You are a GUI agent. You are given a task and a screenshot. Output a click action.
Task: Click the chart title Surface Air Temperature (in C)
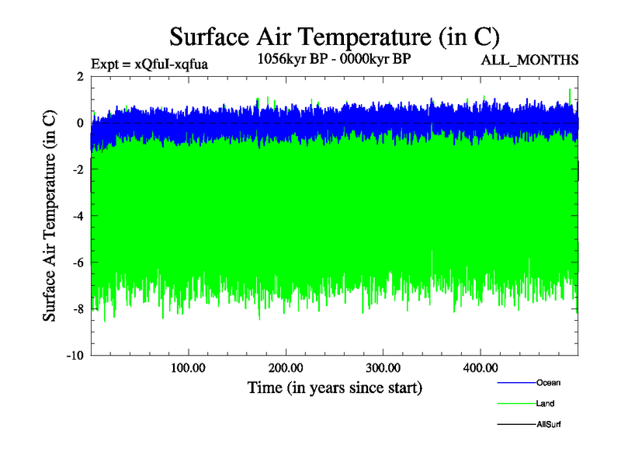pos(334,36)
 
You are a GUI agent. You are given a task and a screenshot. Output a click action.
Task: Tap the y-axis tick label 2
pos(80,76)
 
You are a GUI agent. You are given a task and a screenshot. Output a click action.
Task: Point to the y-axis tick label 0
pos(80,123)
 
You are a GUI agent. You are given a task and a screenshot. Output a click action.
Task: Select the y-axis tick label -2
pos(78,169)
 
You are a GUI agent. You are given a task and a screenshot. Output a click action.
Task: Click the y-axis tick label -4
pos(78,216)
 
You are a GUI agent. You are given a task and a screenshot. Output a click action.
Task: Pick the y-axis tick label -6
pos(78,263)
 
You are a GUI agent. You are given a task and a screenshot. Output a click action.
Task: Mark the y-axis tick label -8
pos(78,309)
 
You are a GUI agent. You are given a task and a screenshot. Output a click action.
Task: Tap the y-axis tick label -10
pos(75,356)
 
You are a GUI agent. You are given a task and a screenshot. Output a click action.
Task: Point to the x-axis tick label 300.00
pos(383,367)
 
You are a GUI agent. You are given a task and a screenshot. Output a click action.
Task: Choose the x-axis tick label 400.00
pos(480,367)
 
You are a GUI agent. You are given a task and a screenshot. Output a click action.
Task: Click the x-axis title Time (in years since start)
pos(335,387)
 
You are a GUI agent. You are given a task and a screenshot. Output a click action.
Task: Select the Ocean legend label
pos(548,383)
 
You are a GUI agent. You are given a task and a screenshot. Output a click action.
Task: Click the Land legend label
pos(545,404)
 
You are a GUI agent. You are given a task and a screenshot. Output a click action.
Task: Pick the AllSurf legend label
pos(548,424)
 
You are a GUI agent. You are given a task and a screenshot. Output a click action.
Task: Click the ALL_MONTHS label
pos(530,60)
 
